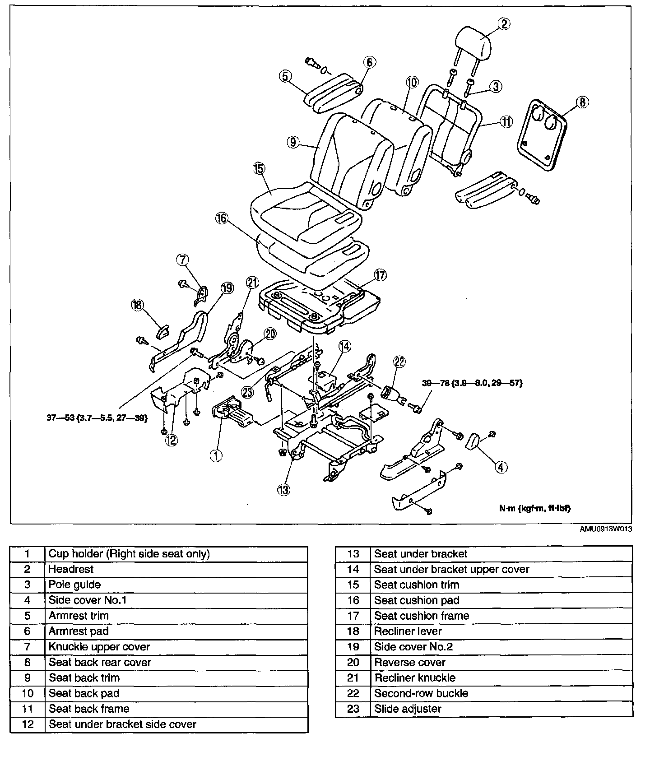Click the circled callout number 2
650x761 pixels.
click(x=504, y=24)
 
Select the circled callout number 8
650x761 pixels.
click(x=582, y=102)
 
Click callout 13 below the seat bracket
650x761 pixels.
click(x=283, y=489)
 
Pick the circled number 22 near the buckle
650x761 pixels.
click(x=399, y=362)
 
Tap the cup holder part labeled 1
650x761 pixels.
click(x=233, y=413)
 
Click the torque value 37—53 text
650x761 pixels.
click(x=97, y=418)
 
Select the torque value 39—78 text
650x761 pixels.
click(x=472, y=383)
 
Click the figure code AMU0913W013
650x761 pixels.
click(x=605, y=529)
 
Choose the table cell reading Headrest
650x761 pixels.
click(x=71, y=569)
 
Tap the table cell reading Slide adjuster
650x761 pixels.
click(x=407, y=709)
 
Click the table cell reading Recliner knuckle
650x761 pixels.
click(x=414, y=677)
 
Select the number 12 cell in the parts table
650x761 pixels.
click(x=28, y=724)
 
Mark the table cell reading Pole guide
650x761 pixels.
click(x=74, y=585)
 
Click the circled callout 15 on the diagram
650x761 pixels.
click(x=259, y=169)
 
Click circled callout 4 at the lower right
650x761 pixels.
click(x=501, y=467)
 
